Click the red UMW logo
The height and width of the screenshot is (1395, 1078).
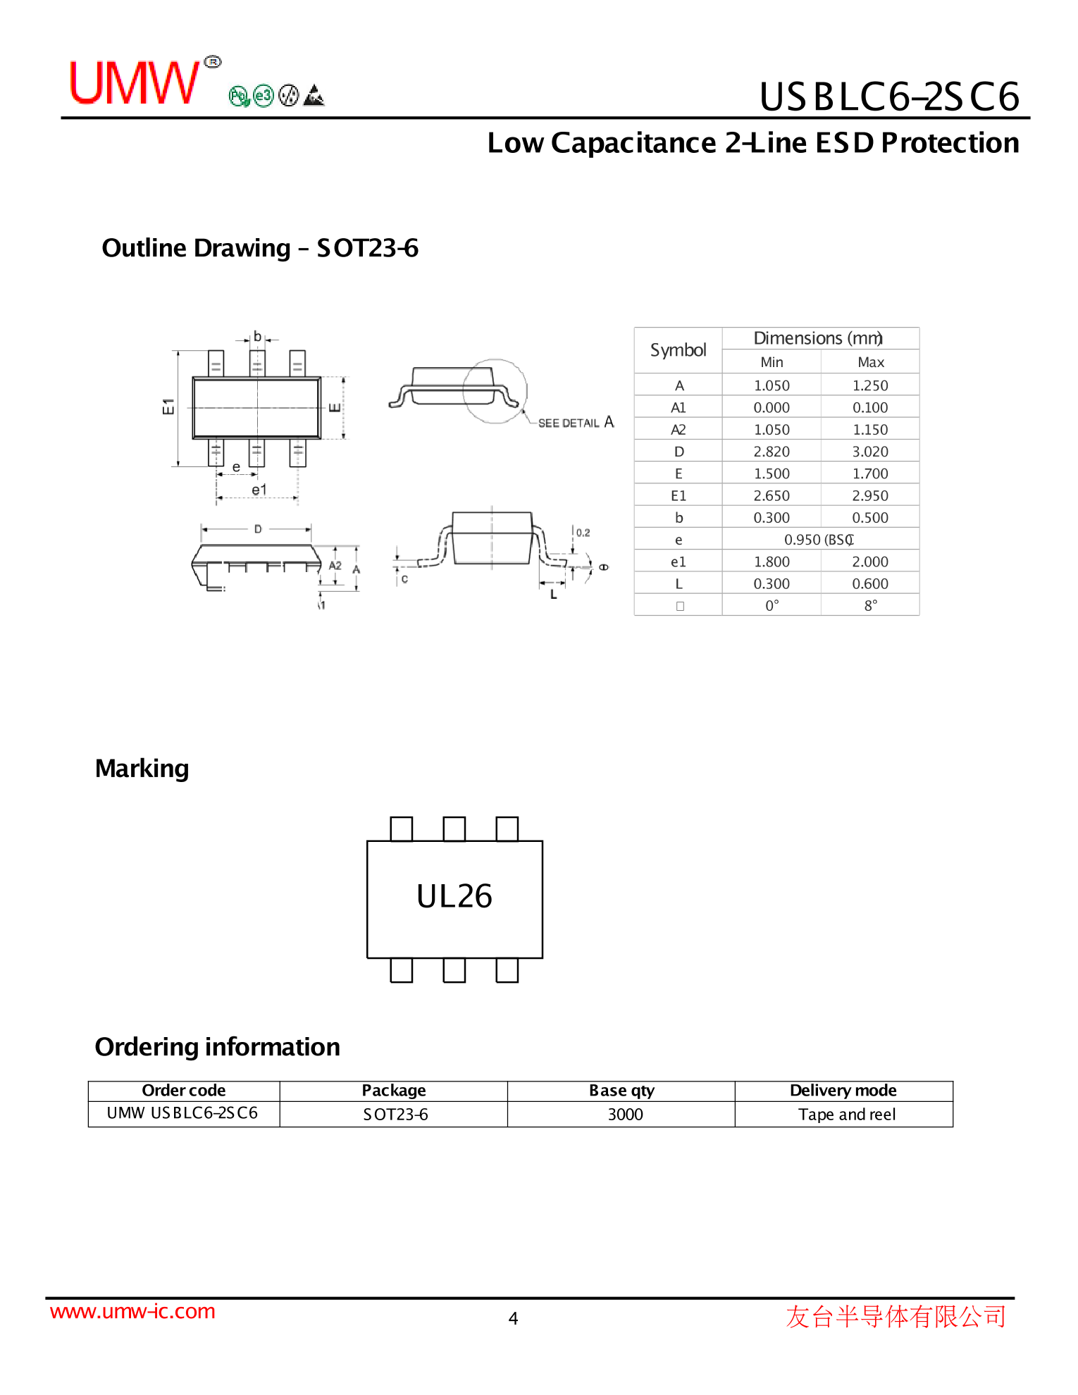(x=135, y=82)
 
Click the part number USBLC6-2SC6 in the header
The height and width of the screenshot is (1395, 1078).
(x=889, y=97)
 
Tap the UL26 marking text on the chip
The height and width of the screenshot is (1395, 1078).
(x=454, y=896)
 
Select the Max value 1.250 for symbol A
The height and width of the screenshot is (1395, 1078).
(x=870, y=385)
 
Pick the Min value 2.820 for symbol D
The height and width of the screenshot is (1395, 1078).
(x=772, y=452)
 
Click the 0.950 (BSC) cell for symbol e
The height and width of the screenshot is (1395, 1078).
(x=819, y=540)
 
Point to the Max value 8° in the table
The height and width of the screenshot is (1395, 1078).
(x=871, y=605)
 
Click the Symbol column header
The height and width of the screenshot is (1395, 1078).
(x=678, y=350)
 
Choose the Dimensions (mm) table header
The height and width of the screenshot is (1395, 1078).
(x=818, y=338)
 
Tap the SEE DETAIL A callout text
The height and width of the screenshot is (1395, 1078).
(x=576, y=422)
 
